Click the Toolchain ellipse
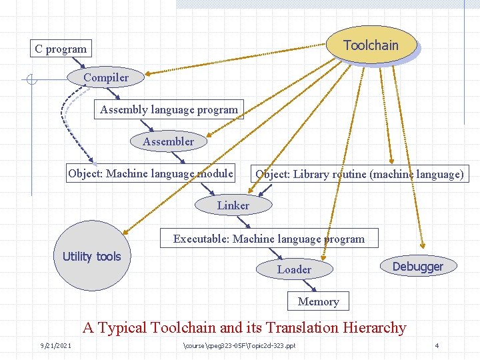[x=371, y=45]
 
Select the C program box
[x=61, y=49]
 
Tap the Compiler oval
[x=106, y=78]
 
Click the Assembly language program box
[x=169, y=109]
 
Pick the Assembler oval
[x=168, y=141]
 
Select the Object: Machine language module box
[x=151, y=173]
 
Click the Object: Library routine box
[x=359, y=174]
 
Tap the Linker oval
[x=233, y=205]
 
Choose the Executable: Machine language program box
[x=269, y=238]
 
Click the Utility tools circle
[x=92, y=256]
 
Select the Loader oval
[x=294, y=269]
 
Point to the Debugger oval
[x=417, y=267]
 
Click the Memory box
[x=318, y=301]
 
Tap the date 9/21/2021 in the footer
[x=55, y=345]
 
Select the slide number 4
[x=436, y=345]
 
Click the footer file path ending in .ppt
[x=239, y=345]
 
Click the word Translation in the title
[x=301, y=327]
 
